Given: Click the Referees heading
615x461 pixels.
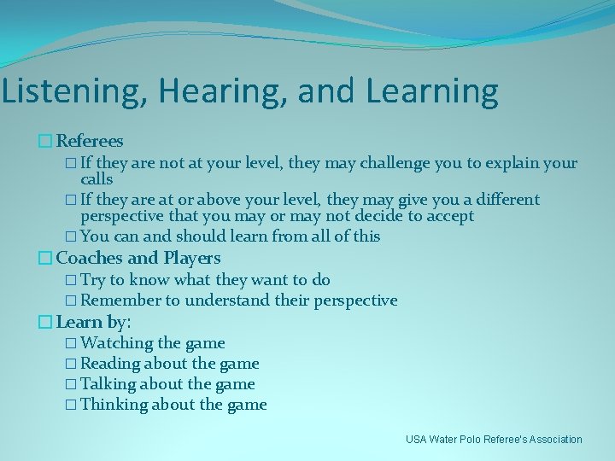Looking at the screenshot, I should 90,141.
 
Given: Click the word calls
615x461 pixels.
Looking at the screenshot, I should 97,179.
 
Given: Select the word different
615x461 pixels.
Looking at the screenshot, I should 500,200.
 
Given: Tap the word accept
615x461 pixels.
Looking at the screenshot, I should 448,216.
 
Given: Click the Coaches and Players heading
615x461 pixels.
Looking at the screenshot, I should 138,258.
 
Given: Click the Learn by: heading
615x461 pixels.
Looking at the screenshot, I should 93,322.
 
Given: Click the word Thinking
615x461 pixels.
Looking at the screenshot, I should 114,405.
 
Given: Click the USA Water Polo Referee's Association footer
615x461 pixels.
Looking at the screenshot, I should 494,440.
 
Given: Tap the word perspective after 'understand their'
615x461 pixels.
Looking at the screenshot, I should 355,301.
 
